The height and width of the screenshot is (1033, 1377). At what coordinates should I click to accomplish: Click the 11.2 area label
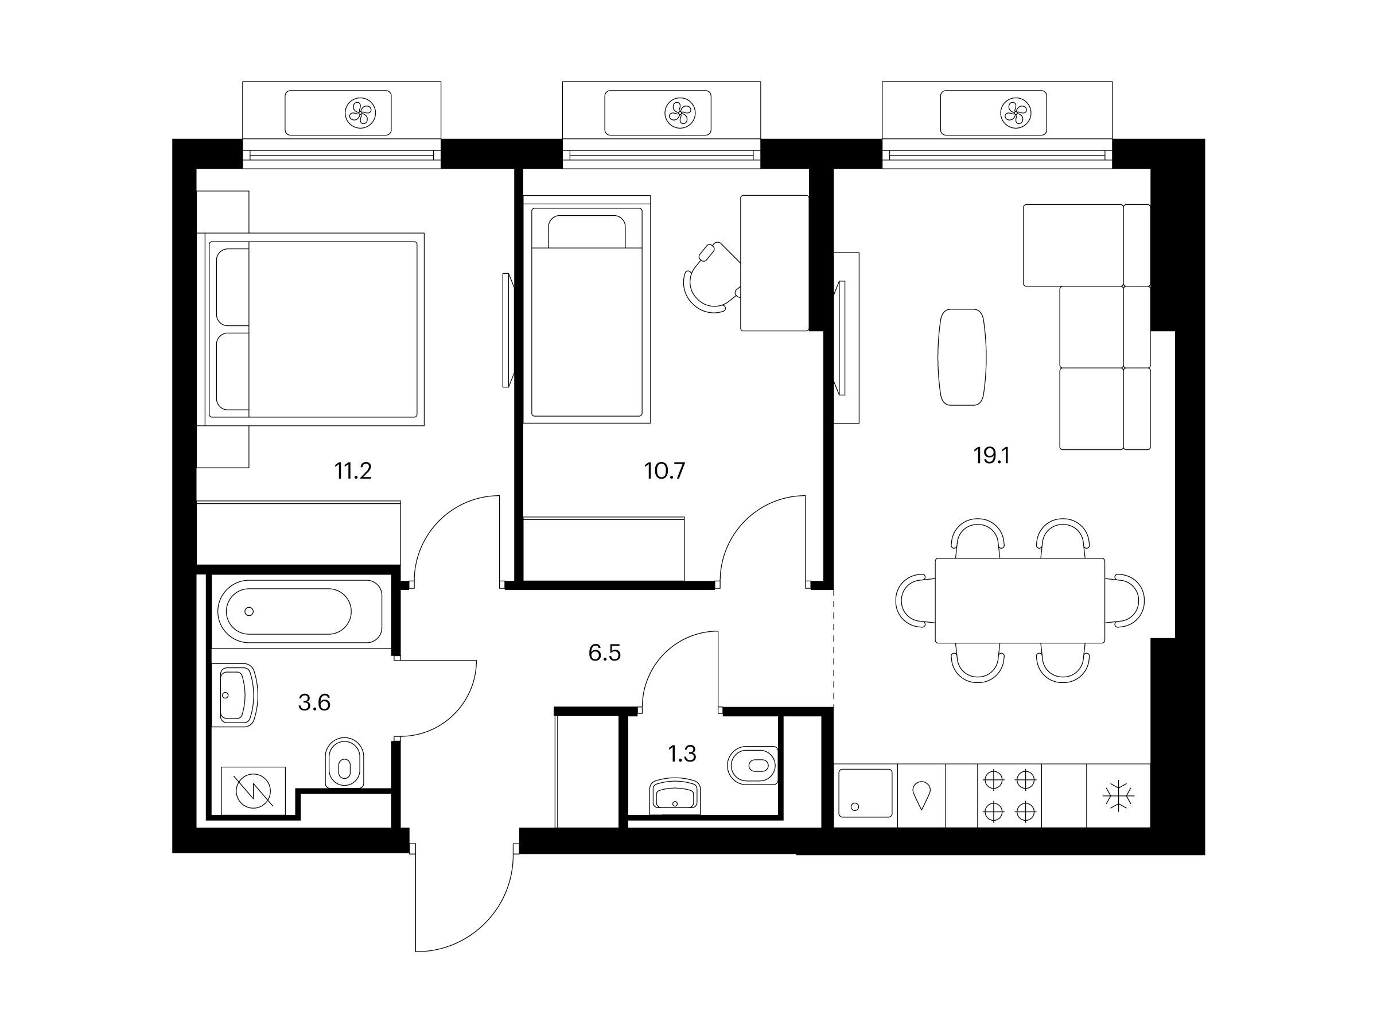click(353, 471)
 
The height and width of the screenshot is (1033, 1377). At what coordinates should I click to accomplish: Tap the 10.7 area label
click(665, 471)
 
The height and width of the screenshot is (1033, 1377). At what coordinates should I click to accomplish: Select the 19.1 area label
click(991, 456)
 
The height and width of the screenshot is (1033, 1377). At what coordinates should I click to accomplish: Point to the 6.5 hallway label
click(605, 653)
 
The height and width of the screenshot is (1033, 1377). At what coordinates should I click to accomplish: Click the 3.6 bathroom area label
click(314, 703)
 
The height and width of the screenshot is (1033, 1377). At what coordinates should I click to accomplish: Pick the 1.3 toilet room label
click(682, 754)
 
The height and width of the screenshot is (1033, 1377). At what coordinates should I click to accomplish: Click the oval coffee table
click(962, 358)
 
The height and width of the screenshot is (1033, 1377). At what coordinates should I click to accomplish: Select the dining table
click(1020, 600)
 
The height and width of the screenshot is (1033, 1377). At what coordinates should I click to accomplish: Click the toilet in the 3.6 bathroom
click(344, 763)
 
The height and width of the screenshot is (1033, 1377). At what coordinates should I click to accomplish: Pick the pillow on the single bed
click(586, 232)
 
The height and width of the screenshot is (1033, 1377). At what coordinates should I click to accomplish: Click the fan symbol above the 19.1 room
click(1016, 112)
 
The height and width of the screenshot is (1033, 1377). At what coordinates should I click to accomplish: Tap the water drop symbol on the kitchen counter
click(921, 796)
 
